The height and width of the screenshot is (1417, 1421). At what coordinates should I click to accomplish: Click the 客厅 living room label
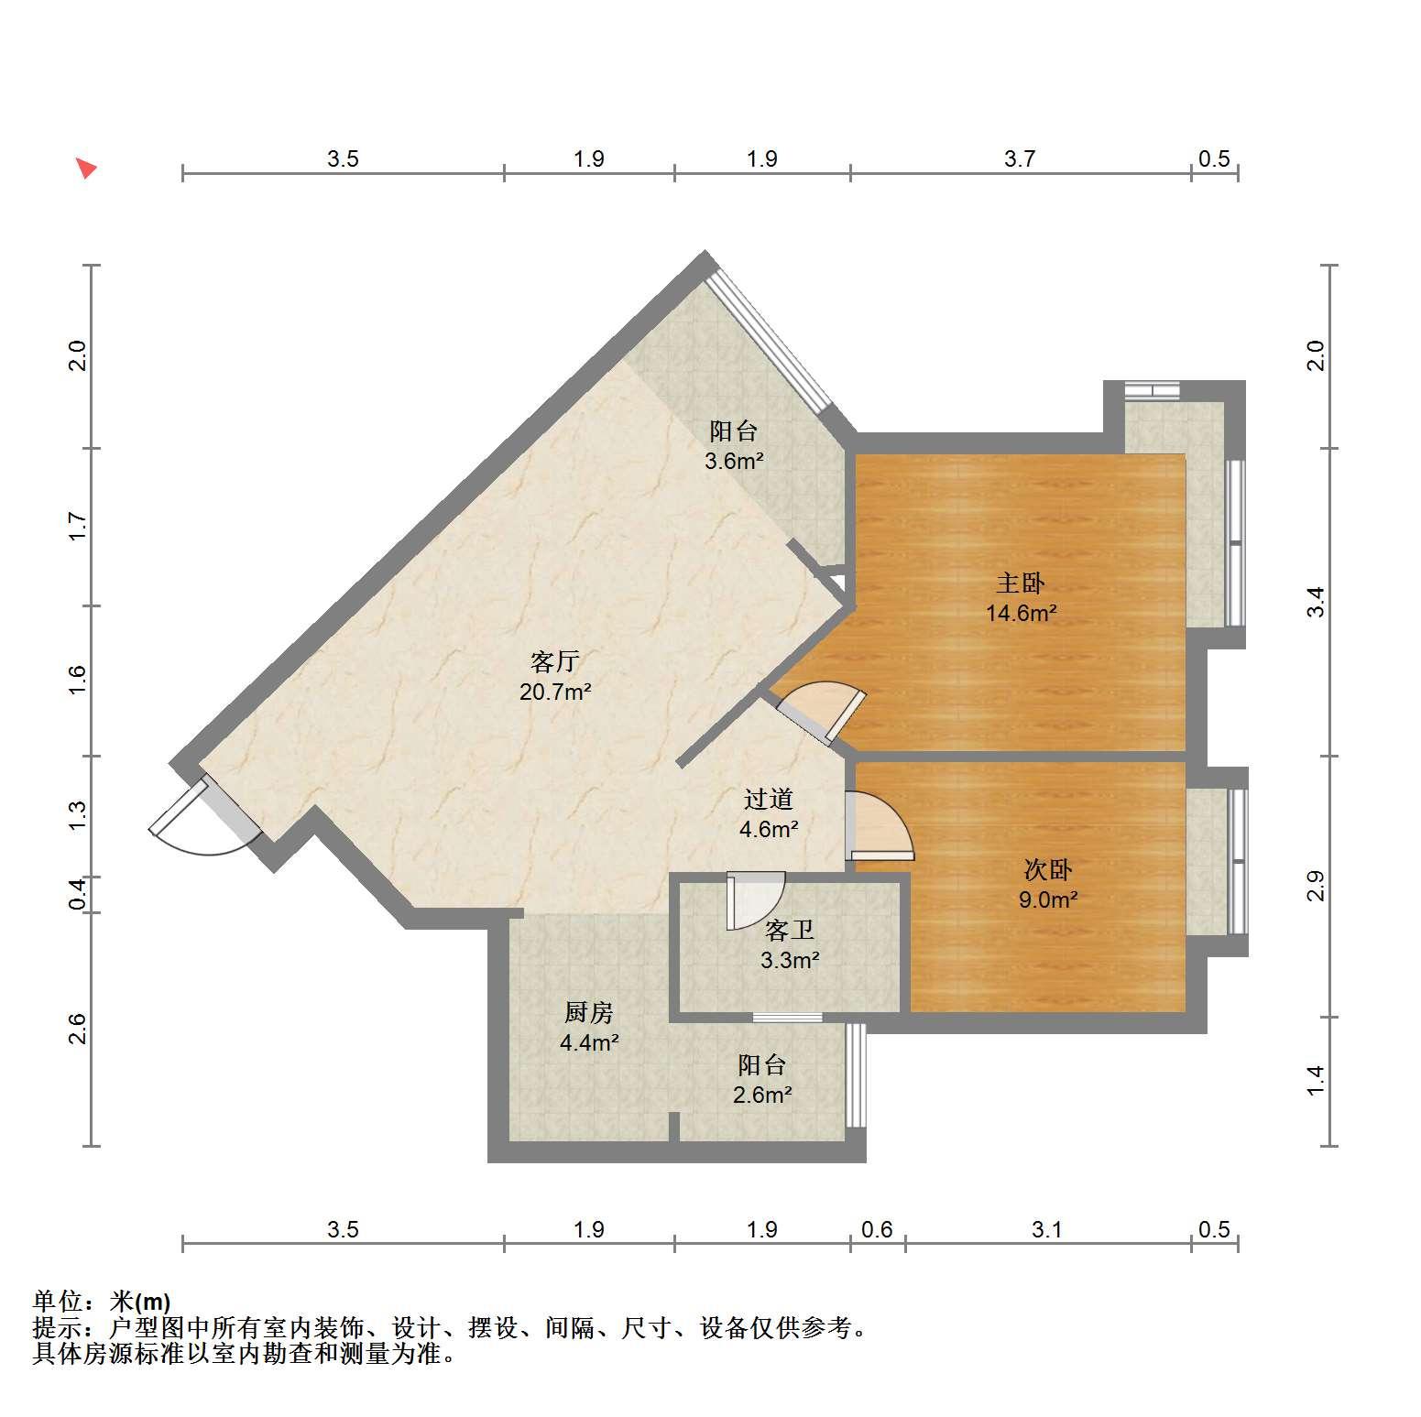pyautogui.click(x=555, y=661)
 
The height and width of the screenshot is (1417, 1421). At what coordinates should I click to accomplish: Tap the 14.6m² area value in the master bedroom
pyautogui.click(x=1021, y=613)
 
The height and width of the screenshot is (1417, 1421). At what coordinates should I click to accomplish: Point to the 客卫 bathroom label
pyautogui.click(x=790, y=931)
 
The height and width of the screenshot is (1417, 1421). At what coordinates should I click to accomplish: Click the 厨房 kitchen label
pyautogui.click(x=588, y=1012)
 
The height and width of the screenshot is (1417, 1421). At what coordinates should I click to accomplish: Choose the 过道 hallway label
pyautogui.click(x=768, y=800)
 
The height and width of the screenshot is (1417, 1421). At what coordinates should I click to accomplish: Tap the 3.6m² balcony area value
pyautogui.click(x=734, y=461)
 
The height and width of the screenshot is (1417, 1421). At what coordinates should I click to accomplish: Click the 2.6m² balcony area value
pyautogui.click(x=762, y=1094)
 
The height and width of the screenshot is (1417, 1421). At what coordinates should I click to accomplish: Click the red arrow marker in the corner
pyautogui.click(x=86, y=169)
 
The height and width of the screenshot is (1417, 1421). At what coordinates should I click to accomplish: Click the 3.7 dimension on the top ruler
pyautogui.click(x=1019, y=159)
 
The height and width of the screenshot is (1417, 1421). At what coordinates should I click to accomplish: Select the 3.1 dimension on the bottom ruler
pyautogui.click(x=1046, y=1229)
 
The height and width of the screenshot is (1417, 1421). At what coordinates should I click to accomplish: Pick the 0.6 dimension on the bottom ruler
pyautogui.click(x=877, y=1229)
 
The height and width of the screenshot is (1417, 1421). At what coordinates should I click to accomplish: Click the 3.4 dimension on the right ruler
pyautogui.click(x=1316, y=602)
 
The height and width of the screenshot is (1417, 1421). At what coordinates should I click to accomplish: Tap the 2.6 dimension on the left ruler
pyautogui.click(x=78, y=1029)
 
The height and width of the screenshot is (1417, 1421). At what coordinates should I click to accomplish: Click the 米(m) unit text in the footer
pyautogui.click(x=140, y=1302)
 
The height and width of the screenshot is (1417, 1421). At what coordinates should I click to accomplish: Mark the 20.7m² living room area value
pyautogui.click(x=555, y=692)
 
